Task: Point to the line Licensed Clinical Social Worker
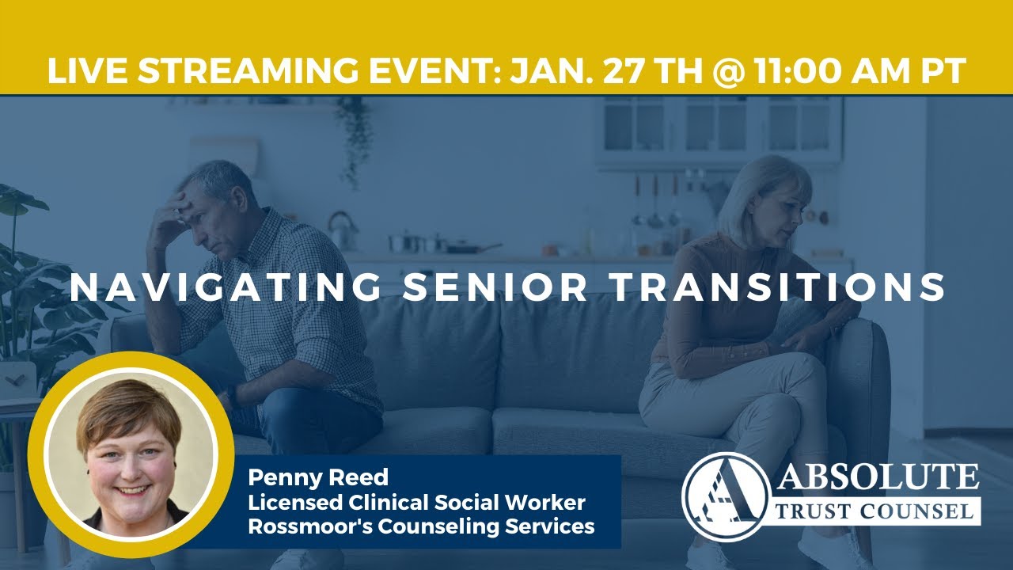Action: [x=416, y=502]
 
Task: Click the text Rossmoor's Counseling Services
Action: [x=421, y=526]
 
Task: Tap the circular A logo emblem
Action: [x=725, y=496]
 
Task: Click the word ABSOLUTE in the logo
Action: [x=878, y=477]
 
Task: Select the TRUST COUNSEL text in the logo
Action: [x=876, y=511]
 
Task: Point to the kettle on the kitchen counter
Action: [x=342, y=229]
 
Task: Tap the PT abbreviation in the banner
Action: [x=943, y=71]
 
